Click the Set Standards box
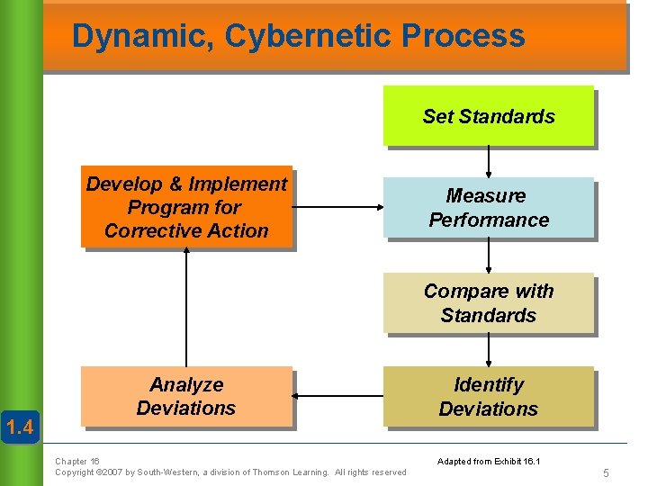(x=488, y=116)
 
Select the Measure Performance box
(x=488, y=208)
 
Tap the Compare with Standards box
(x=488, y=303)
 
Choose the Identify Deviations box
(x=488, y=397)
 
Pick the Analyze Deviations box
(x=186, y=397)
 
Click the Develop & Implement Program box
(x=186, y=207)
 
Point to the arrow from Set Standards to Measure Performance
(x=489, y=162)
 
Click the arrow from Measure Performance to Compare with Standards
(x=489, y=256)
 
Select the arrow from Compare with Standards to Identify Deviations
(x=489, y=350)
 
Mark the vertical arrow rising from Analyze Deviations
(x=186, y=306)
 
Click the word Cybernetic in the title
(x=308, y=36)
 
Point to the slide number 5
(x=607, y=472)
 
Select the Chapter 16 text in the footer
(x=77, y=461)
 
